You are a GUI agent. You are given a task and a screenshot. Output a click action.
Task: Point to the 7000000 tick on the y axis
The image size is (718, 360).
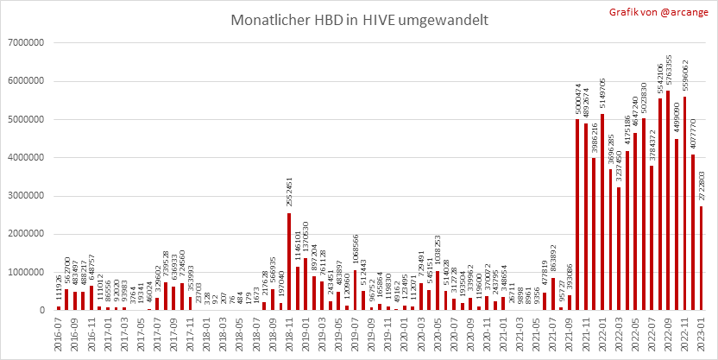[x=28, y=42]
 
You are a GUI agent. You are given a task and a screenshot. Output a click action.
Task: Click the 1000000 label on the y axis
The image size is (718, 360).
[x=28, y=272]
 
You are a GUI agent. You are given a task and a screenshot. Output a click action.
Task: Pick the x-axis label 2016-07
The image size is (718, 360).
[x=59, y=332]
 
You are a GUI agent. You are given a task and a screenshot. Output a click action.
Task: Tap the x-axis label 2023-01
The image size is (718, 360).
[x=702, y=332]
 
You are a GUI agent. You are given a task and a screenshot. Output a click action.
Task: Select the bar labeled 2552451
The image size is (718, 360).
[x=289, y=262]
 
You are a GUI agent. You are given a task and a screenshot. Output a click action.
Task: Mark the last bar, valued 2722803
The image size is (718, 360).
[x=702, y=258]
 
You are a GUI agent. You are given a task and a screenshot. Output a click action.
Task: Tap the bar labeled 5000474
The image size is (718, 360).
[x=577, y=215]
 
